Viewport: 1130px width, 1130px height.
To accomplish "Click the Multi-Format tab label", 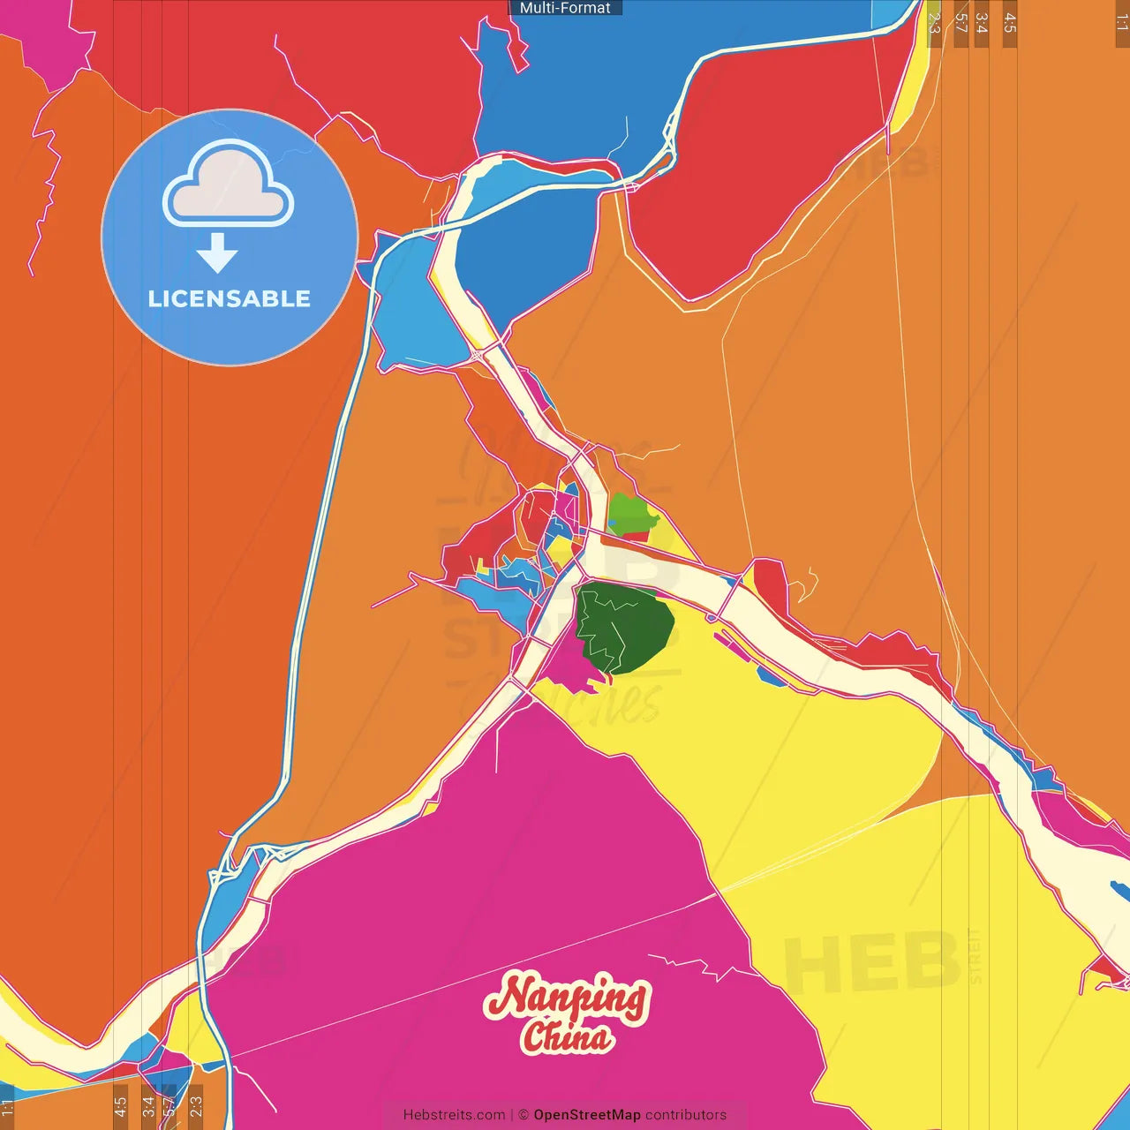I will [x=565, y=8].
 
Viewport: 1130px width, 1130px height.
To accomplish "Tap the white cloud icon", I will [x=229, y=186].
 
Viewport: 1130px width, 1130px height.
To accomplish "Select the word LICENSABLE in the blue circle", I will [x=230, y=298].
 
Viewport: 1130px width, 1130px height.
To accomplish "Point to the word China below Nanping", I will [x=566, y=1036].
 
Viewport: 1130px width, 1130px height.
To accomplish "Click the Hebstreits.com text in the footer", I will [x=454, y=1115].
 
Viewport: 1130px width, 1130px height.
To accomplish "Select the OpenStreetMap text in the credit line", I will [x=586, y=1115].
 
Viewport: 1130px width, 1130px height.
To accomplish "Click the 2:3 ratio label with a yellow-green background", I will [x=934, y=23].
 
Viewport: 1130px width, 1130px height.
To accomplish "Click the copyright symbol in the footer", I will [x=523, y=1115].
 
